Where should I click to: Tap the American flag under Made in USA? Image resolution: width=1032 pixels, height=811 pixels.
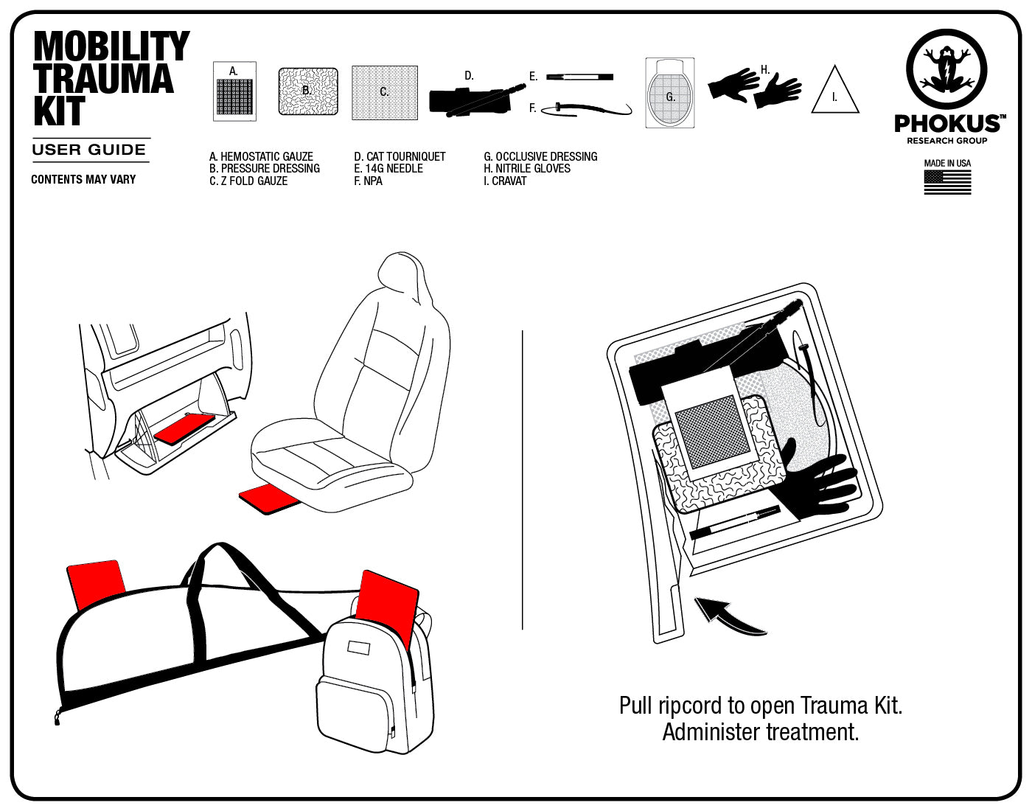947,182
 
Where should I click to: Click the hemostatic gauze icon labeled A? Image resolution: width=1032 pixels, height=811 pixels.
234,92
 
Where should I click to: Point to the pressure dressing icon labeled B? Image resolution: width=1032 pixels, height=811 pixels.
307,91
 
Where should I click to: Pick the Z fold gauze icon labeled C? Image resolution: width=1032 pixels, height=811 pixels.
384,92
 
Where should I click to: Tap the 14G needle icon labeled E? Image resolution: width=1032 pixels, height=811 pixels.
579,76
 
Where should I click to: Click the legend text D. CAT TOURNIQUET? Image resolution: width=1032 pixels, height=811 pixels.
400,156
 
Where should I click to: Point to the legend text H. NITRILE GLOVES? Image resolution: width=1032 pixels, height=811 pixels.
526,168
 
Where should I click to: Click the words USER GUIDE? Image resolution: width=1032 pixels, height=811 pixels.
89,150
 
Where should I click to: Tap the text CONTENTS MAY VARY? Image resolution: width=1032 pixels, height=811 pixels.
83,179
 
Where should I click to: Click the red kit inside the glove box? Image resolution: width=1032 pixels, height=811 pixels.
185,428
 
